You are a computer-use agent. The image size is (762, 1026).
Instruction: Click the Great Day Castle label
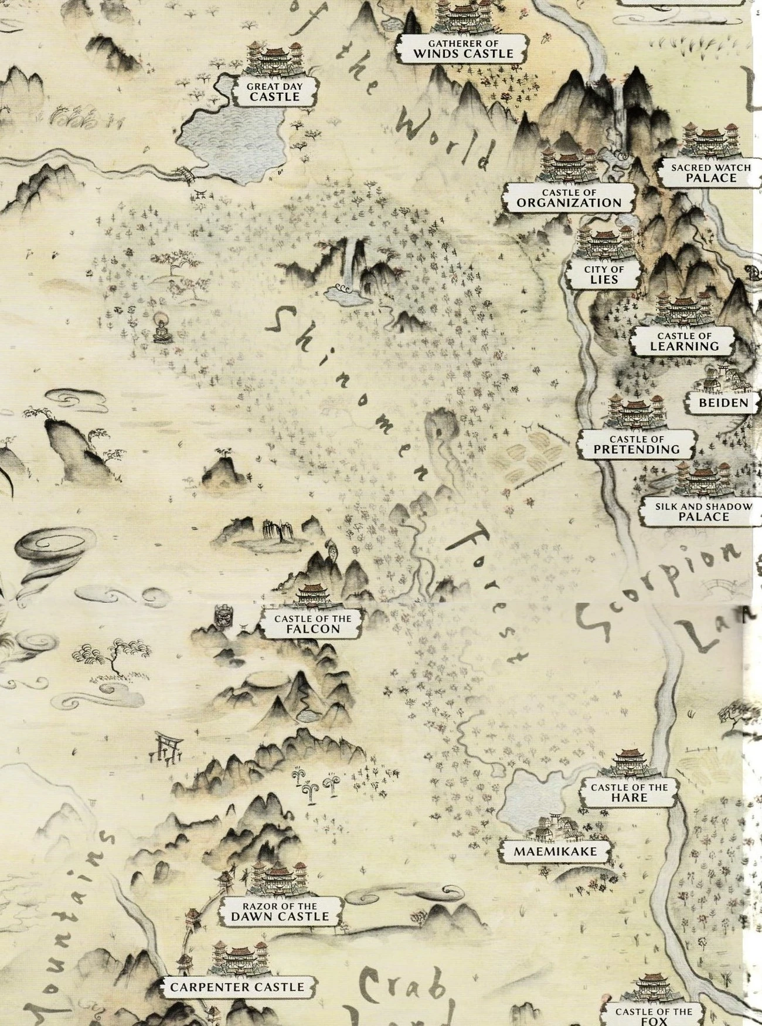point(274,92)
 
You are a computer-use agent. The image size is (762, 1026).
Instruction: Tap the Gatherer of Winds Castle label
point(463,49)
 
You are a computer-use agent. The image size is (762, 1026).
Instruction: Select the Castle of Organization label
point(569,198)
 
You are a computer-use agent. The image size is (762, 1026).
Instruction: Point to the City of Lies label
point(604,275)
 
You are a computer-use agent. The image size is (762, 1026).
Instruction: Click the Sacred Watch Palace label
point(710,173)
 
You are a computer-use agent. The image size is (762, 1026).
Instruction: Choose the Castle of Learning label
point(684,341)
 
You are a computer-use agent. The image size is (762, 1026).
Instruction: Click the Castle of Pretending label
point(637,444)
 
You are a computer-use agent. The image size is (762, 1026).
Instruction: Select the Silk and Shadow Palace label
point(703,512)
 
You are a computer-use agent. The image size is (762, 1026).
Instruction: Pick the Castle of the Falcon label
point(313,624)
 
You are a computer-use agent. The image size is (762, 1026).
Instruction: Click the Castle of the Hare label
point(629,793)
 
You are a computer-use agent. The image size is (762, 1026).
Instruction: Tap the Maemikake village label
point(555,851)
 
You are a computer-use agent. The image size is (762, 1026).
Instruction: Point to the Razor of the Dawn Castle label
point(280,912)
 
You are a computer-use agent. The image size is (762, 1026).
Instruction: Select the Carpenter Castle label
point(237,987)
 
